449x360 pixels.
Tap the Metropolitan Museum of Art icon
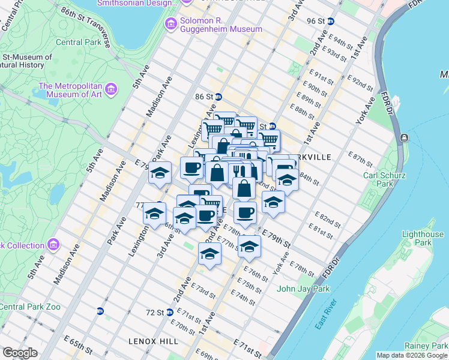pos(110,90)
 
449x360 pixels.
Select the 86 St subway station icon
pos(219,97)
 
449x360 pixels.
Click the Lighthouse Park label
pos(423,238)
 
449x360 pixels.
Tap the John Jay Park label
pos(303,289)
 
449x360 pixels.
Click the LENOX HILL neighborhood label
pos(153,341)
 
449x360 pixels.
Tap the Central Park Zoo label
pos(30,307)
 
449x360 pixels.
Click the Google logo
pos(20,353)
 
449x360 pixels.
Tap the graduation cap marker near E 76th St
pos(249,247)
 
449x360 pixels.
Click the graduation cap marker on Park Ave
pos(159,173)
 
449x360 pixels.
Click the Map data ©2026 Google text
pos(411,355)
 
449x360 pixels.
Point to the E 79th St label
pos(276,238)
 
